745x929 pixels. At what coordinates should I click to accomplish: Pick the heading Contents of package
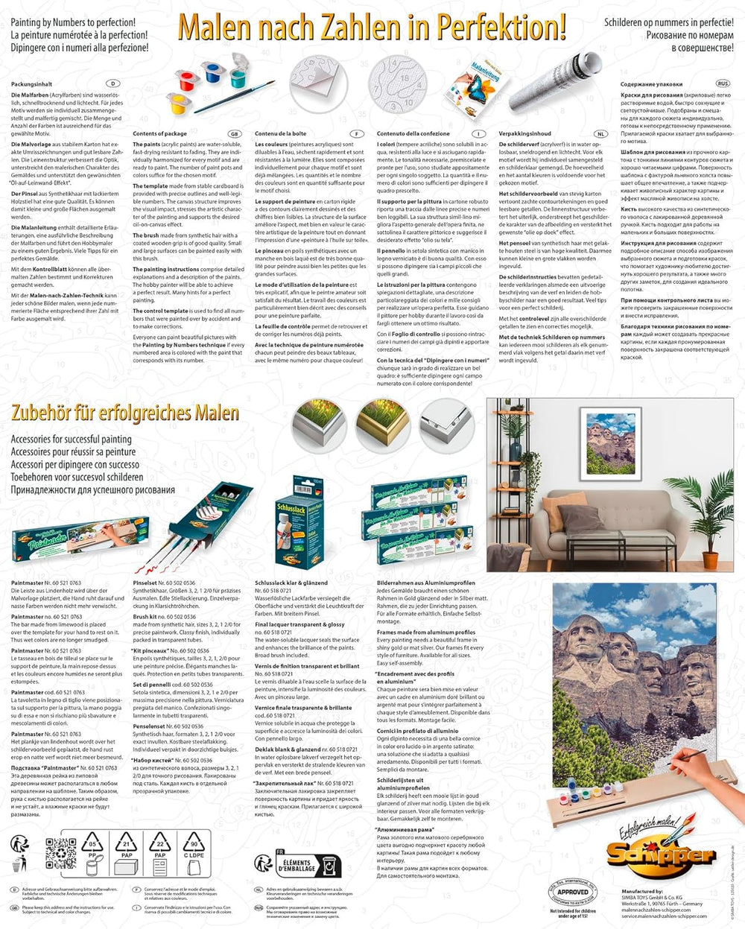tap(159, 133)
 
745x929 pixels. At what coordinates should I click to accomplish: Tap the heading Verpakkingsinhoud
tap(526, 133)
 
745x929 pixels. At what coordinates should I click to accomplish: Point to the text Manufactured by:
tap(644, 890)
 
